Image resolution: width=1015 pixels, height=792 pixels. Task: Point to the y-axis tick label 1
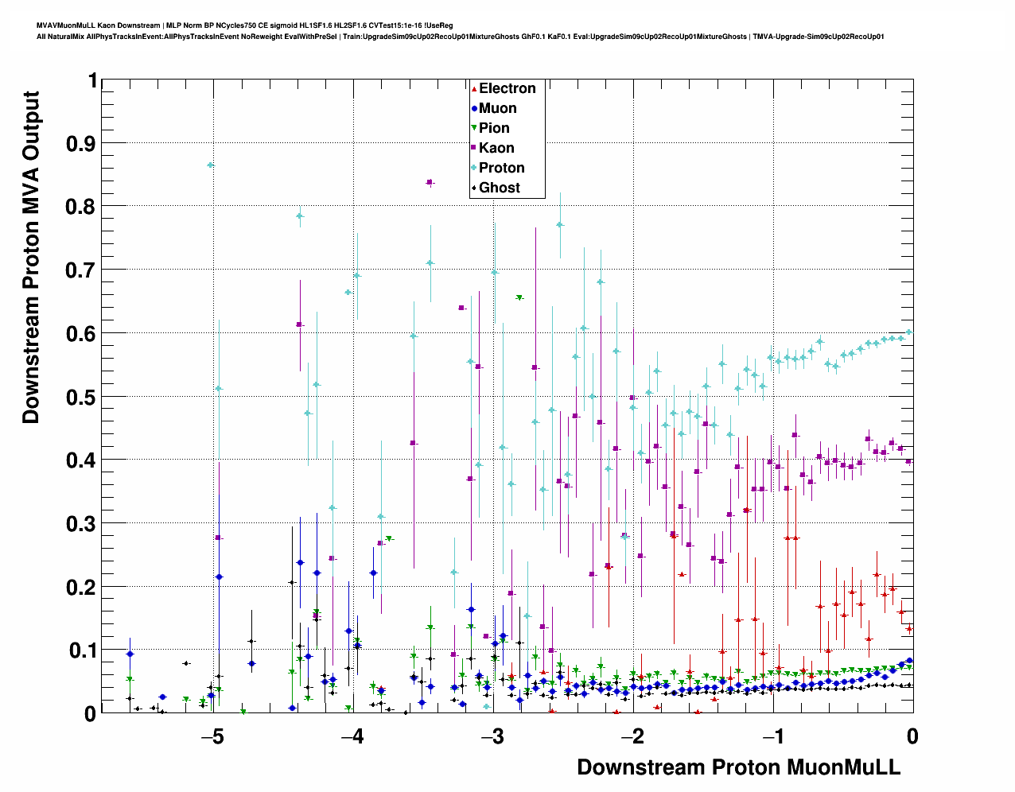[x=92, y=81]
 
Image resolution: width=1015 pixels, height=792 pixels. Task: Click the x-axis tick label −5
[x=212, y=736]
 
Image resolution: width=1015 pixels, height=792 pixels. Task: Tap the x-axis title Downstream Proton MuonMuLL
[x=738, y=767]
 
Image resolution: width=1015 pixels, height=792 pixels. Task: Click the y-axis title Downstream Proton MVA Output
[x=30, y=257]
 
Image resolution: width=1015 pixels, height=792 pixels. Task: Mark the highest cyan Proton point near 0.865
[x=211, y=165]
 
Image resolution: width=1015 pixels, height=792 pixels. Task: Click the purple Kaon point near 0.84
[x=430, y=183]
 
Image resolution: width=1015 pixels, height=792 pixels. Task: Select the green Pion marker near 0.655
[x=519, y=297]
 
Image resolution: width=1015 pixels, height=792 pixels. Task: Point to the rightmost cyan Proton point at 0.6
[x=909, y=332]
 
